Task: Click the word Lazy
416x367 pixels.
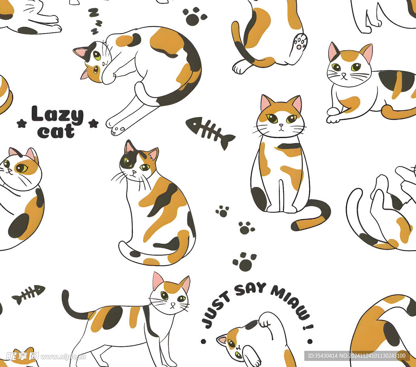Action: coord(57,115)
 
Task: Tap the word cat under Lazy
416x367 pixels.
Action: coord(56,131)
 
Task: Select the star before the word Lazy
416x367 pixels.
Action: coord(22,123)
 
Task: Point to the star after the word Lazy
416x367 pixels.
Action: coord(93,123)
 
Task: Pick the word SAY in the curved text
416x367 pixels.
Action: coord(250,289)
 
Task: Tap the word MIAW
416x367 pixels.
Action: coord(290,302)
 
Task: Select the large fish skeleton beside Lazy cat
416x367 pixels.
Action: coord(210,132)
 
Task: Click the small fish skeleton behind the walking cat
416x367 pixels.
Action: coord(28,294)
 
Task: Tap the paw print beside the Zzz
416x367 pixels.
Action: coord(195,16)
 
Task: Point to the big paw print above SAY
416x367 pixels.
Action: coord(245,262)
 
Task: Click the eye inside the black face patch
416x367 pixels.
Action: coord(128,162)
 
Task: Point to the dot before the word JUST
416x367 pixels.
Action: coord(204,341)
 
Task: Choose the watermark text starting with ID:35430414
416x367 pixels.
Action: coord(357,356)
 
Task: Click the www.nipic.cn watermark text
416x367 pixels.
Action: coord(63,357)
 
